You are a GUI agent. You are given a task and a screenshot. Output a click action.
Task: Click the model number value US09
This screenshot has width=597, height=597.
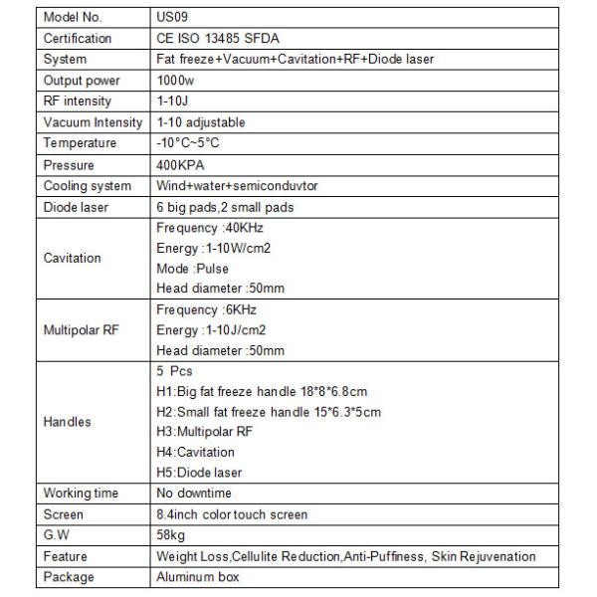tap(172, 18)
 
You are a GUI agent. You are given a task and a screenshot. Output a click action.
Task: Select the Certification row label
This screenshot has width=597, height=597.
tap(79, 39)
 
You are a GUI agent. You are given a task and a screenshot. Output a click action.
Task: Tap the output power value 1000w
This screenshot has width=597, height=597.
tap(176, 81)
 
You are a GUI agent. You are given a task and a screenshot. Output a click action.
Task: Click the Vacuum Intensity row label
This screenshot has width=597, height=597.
tap(94, 122)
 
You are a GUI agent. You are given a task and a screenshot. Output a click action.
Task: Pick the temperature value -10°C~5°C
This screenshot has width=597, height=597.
tap(188, 143)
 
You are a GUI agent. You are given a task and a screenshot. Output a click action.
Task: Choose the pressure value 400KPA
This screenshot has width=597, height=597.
tap(181, 165)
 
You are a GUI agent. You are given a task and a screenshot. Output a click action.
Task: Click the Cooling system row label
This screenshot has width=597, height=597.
tap(88, 186)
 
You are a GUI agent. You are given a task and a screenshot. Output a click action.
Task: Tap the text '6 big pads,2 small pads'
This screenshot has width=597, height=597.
tap(225, 207)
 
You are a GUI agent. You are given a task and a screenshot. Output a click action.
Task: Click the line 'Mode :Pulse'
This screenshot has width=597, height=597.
tap(193, 269)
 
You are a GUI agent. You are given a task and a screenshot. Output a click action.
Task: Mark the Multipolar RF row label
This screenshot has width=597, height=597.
tap(82, 330)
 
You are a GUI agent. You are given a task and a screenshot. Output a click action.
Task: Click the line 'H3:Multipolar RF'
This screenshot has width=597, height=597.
tap(205, 432)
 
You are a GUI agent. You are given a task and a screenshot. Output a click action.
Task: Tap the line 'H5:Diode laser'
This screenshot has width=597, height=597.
tap(200, 473)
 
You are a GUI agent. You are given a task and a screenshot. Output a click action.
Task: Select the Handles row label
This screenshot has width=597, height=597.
tap(68, 422)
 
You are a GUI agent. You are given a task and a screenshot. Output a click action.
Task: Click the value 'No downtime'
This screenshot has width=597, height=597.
tap(194, 494)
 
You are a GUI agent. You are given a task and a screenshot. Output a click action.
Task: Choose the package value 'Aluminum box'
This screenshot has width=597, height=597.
tap(197, 577)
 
